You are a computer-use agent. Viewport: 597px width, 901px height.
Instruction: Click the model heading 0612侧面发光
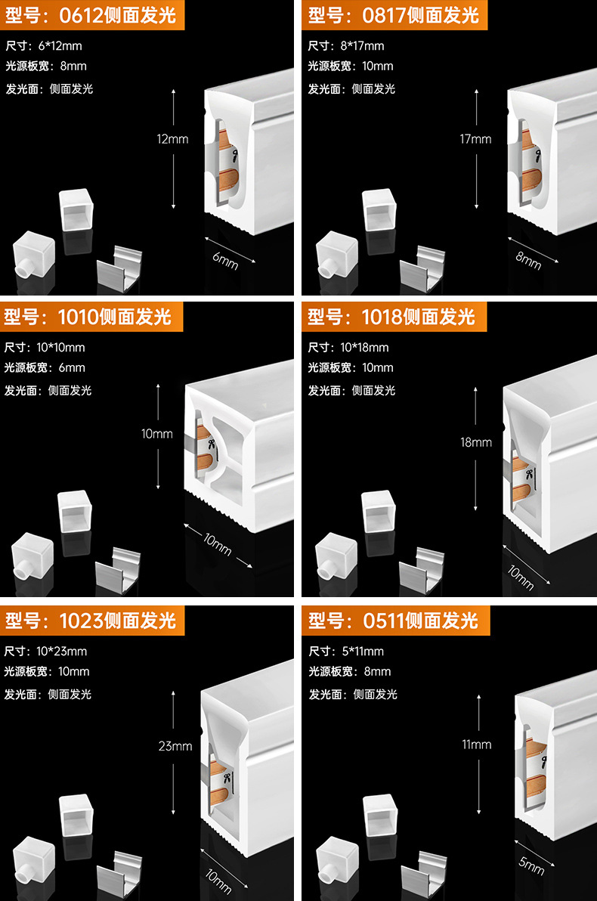tap(91, 14)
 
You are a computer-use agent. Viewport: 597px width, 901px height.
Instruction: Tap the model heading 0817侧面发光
tap(394, 15)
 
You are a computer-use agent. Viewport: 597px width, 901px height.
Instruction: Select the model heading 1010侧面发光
tap(91, 317)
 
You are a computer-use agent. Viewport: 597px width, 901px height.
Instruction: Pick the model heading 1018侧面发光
tap(394, 317)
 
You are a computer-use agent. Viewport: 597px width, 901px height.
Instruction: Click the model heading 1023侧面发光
tap(91, 621)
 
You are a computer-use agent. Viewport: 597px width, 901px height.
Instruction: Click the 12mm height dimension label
tap(173, 139)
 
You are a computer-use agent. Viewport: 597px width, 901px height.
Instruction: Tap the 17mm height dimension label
tap(475, 139)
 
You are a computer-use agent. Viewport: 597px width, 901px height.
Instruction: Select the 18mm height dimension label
tap(476, 442)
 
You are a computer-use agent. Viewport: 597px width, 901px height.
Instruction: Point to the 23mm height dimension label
tap(175, 746)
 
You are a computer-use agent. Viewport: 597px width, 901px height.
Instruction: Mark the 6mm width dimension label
tap(225, 262)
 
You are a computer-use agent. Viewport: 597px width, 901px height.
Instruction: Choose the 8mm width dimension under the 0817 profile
tap(528, 260)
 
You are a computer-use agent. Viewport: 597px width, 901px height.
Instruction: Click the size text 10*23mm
tap(61, 652)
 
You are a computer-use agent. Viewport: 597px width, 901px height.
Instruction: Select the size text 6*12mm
tap(60, 46)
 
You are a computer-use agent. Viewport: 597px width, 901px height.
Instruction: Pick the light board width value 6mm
tap(72, 368)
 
